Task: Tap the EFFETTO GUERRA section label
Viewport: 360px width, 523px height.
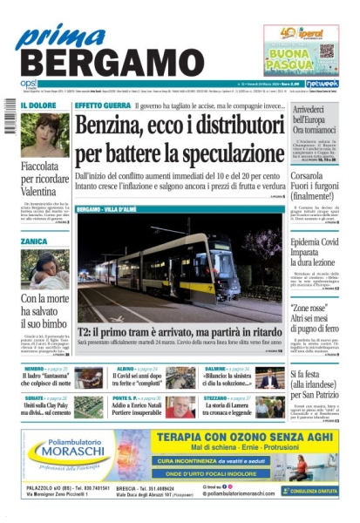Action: click(x=102, y=105)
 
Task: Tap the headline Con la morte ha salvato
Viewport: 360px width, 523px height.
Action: click(x=44, y=306)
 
